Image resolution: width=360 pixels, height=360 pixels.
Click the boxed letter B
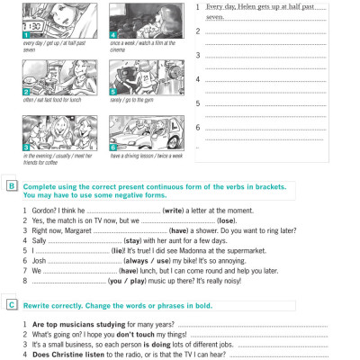coord(10,186)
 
